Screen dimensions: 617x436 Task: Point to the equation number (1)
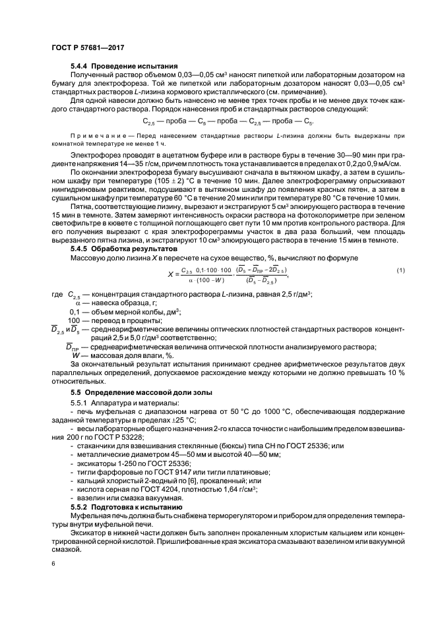[x=400, y=271]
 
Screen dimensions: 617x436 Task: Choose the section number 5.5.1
[x=82, y=403]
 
